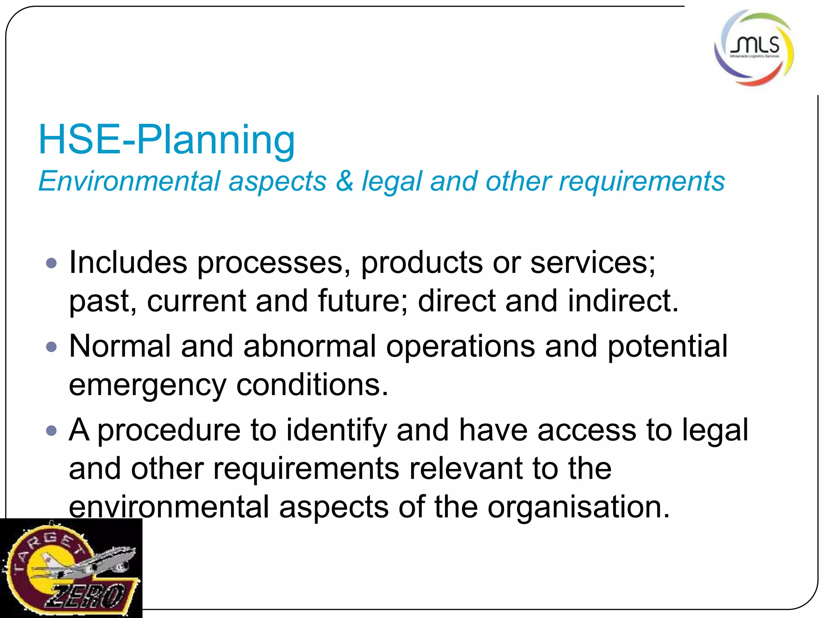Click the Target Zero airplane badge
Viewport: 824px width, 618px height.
click(71, 568)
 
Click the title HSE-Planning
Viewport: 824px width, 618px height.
click(167, 140)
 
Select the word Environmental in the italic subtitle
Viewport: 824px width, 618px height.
click(129, 181)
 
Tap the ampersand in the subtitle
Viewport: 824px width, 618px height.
click(344, 181)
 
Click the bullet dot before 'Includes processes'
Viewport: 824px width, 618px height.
click(51, 264)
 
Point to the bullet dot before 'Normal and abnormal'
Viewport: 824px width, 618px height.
click(51, 347)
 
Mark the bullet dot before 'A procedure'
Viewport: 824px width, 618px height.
click(51, 431)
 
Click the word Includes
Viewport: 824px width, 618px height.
click(128, 262)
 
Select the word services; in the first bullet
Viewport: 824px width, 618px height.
click(592, 262)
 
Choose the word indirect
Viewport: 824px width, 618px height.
click(623, 301)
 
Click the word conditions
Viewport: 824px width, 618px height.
click(312, 385)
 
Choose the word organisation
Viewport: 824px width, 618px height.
click(579, 507)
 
